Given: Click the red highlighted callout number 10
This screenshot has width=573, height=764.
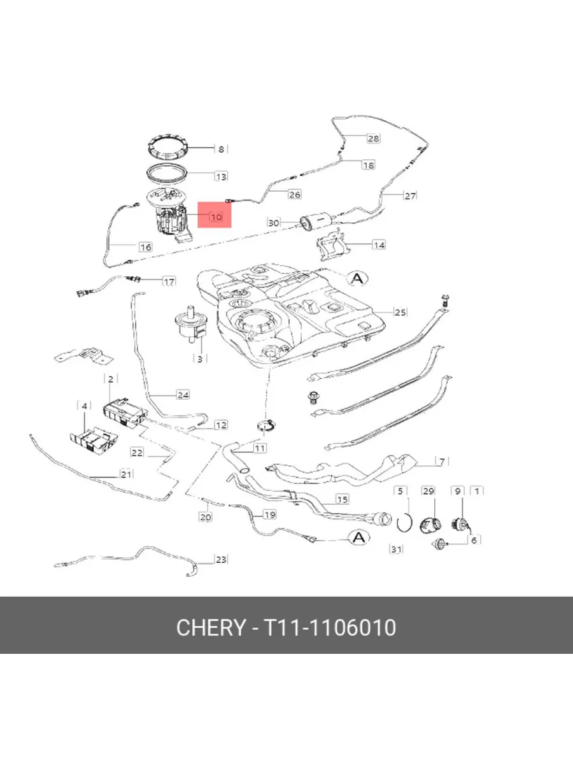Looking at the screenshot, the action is [x=216, y=217].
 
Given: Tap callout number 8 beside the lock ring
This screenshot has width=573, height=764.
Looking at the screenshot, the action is [x=221, y=150].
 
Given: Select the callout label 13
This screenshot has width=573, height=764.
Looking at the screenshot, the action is [x=222, y=176].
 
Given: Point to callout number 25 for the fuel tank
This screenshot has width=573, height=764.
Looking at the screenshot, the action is [x=400, y=312].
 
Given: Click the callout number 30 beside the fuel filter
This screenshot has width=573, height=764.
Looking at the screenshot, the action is [x=274, y=222].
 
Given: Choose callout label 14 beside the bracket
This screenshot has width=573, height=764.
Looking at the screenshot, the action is [x=379, y=245].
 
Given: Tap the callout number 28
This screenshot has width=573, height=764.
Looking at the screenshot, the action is [x=373, y=139].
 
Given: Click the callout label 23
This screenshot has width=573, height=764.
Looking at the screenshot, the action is [x=222, y=560].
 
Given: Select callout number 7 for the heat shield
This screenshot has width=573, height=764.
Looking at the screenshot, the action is [x=442, y=462].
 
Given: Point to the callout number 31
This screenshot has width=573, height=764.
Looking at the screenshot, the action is [x=396, y=549].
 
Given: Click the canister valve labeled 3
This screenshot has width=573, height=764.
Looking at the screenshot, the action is [x=191, y=323].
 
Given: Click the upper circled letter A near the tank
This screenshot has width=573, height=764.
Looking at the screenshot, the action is [x=358, y=278].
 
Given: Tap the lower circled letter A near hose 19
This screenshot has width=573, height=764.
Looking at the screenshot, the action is [x=359, y=538].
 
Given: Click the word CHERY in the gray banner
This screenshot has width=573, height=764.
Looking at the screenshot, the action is [x=211, y=628].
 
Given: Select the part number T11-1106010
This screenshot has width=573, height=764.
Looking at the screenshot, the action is [x=330, y=628].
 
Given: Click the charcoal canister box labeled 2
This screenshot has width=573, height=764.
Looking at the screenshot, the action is [x=125, y=413].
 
